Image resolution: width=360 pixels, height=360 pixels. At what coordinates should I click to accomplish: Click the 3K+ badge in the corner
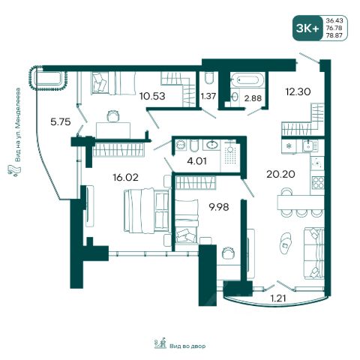(307, 28)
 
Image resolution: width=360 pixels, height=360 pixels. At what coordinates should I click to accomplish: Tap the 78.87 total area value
(334, 35)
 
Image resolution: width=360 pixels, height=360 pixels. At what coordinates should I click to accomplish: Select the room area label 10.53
(152, 96)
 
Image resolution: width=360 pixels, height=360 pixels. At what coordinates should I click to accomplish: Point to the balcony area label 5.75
(61, 122)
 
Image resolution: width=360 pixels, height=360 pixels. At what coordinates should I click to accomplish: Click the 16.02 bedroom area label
(125, 178)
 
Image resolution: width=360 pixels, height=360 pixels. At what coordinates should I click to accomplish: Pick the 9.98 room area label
(219, 207)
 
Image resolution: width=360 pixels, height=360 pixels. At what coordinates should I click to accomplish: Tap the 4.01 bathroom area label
(197, 161)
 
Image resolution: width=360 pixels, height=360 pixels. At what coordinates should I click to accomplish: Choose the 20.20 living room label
(280, 174)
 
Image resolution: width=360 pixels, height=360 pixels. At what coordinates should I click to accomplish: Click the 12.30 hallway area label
(298, 91)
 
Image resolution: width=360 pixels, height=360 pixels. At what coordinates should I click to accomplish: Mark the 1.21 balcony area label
(278, 298)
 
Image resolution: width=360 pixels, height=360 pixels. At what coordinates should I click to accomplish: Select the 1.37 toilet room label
(208, 96)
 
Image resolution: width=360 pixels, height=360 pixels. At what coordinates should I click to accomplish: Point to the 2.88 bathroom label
(253, 98)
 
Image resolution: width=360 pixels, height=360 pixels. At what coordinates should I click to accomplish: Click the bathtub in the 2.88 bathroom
(247, 80)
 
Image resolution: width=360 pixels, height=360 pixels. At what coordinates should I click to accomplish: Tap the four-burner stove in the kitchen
(318, 182)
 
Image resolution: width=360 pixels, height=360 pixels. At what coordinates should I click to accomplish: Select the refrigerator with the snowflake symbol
(289, 146)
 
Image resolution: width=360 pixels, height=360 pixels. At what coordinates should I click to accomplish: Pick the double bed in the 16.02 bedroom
(146, 211)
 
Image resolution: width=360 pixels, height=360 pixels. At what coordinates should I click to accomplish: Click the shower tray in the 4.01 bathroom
(230, 155)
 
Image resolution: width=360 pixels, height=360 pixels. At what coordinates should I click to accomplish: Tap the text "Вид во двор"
(187, 346)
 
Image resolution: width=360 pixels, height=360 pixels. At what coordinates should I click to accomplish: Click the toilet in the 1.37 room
(208, 78)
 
